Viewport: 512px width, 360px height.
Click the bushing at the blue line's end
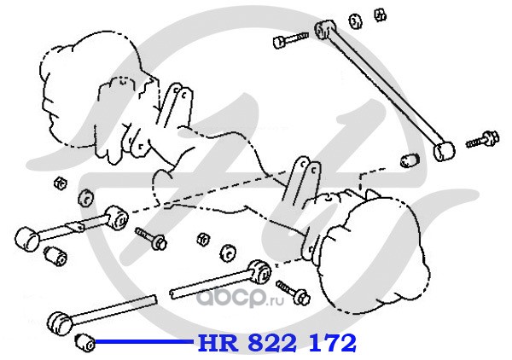click(84, 342)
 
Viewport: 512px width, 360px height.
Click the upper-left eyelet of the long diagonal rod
click(323, 31)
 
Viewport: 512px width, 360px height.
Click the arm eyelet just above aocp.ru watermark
click(258, 271)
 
